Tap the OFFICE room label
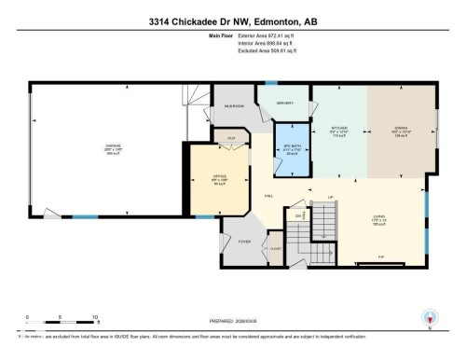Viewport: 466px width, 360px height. [219, 171]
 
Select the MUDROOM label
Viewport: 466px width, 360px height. [234, 106]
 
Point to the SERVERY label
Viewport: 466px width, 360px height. [285, 104]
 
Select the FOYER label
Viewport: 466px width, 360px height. [245, 242]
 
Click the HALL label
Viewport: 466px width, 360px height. [268, 195]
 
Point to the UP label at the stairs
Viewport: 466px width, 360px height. [330, 197]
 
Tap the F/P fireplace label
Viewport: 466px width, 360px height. [380, 256]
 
